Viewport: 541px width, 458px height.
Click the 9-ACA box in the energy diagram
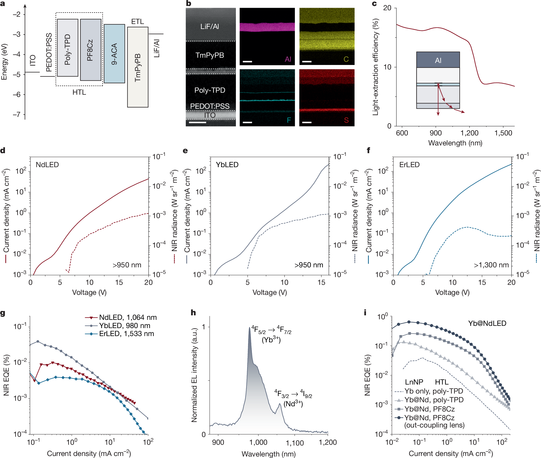point(114,54)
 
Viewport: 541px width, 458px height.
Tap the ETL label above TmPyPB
point(137,21)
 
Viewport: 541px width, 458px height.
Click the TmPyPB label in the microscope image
point(210,55)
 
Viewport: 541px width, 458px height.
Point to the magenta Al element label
point(288,59)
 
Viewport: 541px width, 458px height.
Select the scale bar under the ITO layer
point(198,122)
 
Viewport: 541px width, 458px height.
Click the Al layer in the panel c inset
point(438,60)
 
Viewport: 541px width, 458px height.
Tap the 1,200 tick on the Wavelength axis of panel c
point(469,133)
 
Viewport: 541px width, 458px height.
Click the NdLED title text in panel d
point(47,165)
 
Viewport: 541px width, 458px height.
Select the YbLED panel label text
point(227,165)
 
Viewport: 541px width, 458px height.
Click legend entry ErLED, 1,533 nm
point(126,334)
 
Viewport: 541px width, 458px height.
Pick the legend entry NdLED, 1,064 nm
point(128,317)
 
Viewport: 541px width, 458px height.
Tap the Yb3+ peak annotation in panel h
point(271,335)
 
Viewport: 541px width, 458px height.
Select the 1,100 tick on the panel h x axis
point(294,443)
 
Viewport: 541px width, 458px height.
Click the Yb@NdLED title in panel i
point(487,323)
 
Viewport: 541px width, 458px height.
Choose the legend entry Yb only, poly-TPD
point(434,391)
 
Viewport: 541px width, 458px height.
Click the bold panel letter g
point(3,313)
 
